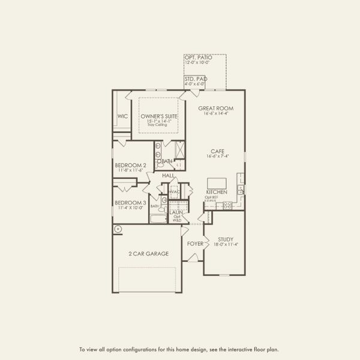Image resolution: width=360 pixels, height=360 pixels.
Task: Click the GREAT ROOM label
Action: [216, 108]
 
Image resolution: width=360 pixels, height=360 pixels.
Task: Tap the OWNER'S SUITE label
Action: [157, 116]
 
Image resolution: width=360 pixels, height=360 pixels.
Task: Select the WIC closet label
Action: [122, 116]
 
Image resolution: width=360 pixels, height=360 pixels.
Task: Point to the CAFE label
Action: [217, 151]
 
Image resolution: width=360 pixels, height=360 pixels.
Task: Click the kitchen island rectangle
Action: [217, 183]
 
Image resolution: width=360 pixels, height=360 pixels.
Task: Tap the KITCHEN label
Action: [217, 192]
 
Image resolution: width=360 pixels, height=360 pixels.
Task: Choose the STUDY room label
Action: [226, 239]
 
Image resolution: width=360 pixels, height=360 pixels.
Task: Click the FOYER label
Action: [195, 244]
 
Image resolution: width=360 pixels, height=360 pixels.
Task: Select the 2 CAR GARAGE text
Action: [148, 254]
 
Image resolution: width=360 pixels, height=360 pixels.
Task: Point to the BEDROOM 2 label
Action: [130, 165]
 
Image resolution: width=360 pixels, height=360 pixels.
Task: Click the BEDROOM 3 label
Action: [130, 203]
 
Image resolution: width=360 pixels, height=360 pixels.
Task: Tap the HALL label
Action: [168, 175]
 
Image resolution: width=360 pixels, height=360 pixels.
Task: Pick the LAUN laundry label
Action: [176, 212]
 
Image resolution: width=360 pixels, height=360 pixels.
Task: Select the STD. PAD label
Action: [195, 79]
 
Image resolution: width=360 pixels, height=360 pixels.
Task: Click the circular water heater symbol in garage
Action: [118, 229]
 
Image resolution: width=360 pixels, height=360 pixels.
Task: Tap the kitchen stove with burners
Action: [228, 205]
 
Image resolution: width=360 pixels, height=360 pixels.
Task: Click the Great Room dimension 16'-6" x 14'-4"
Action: [216, 114]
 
